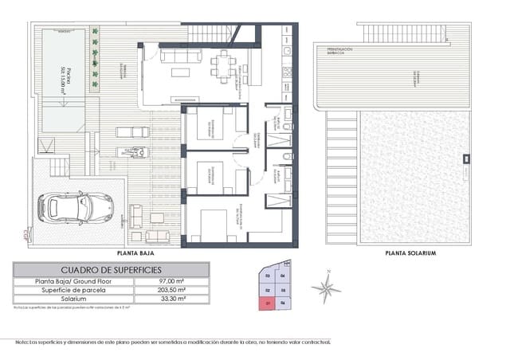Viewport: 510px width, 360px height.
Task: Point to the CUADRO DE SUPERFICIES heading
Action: (112, 270)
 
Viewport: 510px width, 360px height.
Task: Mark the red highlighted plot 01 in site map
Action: (268, 303)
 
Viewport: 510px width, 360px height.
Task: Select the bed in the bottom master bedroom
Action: (215, 224)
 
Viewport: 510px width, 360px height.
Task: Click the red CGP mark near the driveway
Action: (25, 234)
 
